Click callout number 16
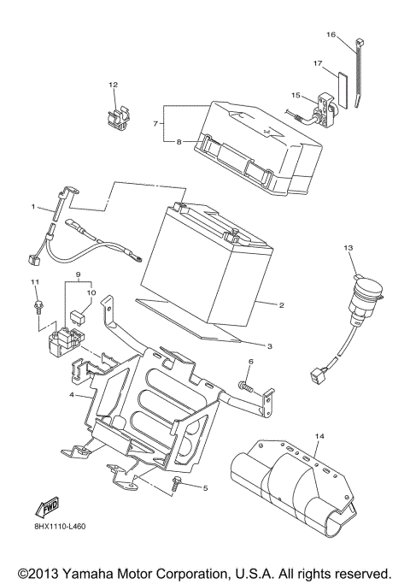331,34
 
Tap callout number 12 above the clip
113,84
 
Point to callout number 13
348,247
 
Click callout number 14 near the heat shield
319,436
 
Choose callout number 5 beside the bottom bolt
204,487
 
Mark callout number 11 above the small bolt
35,282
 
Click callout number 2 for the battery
280,304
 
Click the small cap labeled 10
76,314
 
